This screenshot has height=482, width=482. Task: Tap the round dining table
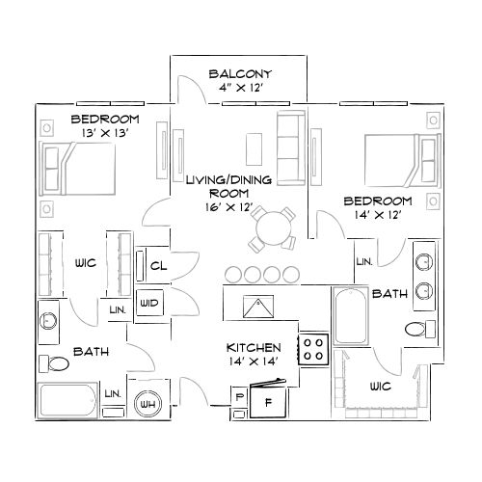tap(272, 229)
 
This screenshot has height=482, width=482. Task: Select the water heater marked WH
tap(148, 403)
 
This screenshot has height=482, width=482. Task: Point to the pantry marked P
tap(236, 396)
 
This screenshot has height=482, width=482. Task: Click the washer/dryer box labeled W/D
tap(148, 303)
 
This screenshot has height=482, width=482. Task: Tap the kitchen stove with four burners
tap(313, 348)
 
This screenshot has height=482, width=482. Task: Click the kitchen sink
tap(256, 308)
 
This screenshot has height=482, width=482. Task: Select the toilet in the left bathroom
tap(55, 363)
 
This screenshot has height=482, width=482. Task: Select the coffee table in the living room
tap(254, 148)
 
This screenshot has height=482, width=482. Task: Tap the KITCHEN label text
tap(254, 347)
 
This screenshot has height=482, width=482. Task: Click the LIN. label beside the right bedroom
tap(364, 262)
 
